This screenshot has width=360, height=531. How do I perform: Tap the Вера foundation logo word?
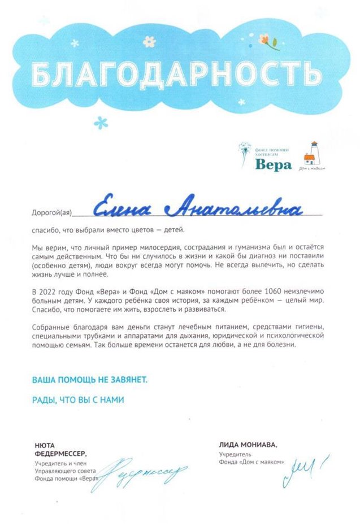coord(274,164)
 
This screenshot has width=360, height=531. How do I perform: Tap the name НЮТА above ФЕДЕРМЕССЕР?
coord(45,445)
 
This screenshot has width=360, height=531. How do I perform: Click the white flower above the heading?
coord(149,41)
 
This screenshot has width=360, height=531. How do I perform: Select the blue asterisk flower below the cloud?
coord(101,121)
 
